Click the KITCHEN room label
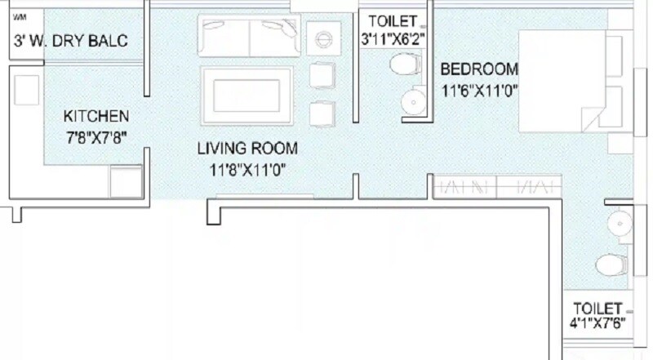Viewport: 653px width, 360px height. click(x=96, y=116)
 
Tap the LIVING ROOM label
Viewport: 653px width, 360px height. click(x=247, y=149)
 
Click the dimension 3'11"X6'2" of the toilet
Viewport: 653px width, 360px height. click(x=393, y=38)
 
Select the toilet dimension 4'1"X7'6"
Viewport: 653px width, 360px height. click(x=599, y=322)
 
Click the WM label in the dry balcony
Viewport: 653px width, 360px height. click(x=19, y=16)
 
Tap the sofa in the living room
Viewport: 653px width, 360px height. click(x=248, y=35)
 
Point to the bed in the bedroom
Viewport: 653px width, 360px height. click(x=571, y=82)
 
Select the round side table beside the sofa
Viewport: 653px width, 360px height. click(x=320, y=38)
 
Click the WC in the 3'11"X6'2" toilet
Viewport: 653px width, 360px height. click(x=403, y=64)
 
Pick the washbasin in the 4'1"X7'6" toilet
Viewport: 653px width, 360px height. click(x=620, y=222)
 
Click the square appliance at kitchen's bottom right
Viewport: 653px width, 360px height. click(x=127, y=180)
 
